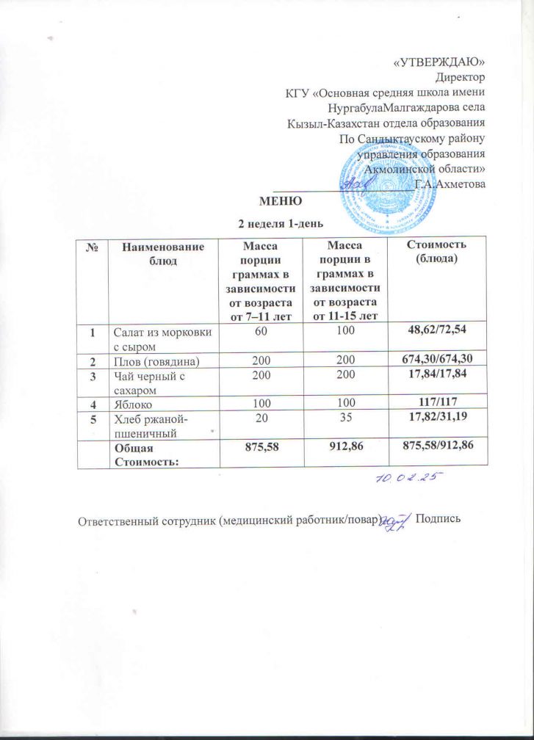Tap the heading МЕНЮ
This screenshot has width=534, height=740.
tap(278, 200)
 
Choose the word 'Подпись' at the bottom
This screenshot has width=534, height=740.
tap(438, 520)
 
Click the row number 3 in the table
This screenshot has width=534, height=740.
tap(93, 377)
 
